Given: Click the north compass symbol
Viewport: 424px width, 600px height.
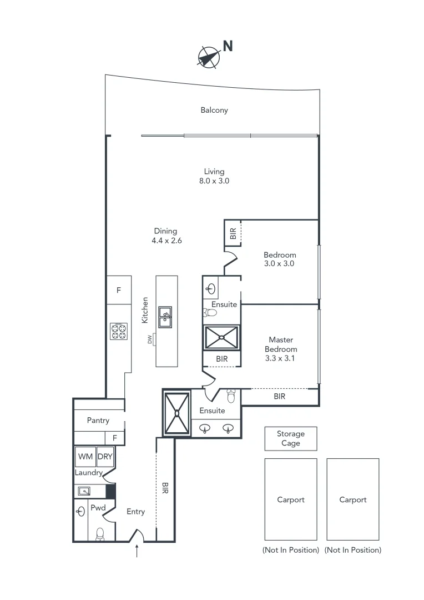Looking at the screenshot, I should click(x=208, y=57).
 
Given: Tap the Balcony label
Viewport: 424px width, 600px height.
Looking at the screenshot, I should click(x=214, y=110).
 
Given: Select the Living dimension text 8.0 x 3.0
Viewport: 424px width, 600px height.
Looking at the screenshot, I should click(x=214, y=181).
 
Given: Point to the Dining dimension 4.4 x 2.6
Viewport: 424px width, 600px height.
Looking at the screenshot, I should click(x=166, y=241).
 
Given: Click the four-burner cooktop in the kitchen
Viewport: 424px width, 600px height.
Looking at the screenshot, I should click(x=119, y=331).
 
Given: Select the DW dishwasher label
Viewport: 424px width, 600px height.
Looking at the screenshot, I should click(x=150, y=339).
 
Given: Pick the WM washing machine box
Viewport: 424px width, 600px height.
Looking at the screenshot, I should click(x=85, y=457).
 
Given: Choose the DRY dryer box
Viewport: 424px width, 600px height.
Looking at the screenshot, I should click(x=105, y=457).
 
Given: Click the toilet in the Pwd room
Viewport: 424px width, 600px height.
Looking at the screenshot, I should click(x=100, y=533).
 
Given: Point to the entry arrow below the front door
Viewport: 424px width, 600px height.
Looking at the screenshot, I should click(x=137, y=551).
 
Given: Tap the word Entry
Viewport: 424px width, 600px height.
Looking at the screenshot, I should click(x=135, y=512).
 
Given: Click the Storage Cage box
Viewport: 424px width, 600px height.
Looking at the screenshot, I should click(x=290, y=438).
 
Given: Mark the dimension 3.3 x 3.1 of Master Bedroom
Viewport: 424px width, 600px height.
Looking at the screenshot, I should click(x=281, y=358).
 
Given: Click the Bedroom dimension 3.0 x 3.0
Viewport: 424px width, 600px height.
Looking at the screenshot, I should click(x=279, y=264).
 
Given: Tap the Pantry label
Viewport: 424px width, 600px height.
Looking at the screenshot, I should click(x=98, y=421).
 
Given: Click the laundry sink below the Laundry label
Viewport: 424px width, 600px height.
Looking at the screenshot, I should click(x=84, y=491).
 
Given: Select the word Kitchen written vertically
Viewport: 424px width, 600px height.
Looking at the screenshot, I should click(x=145, y=310).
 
